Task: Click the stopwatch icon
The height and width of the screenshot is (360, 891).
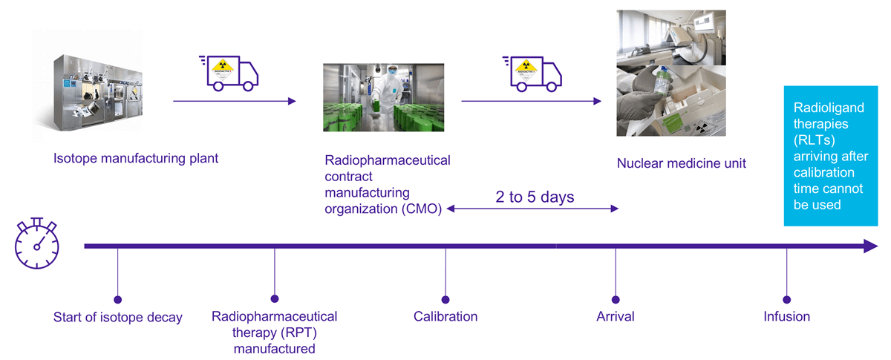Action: point(36,246)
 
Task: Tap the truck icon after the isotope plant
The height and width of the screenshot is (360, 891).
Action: point(229,72)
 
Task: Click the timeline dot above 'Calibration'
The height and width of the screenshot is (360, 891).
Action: point(446,300)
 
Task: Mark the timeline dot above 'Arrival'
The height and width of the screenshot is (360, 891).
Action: point(616,300)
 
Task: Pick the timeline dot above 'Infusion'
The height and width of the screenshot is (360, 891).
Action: point(786,300)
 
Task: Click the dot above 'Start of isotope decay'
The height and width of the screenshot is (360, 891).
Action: point(117,300)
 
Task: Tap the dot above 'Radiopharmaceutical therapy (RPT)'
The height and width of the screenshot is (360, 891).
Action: point(275,300)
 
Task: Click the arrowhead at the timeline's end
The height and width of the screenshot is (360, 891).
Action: point(870,246)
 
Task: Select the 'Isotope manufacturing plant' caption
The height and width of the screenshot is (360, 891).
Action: point(136,158)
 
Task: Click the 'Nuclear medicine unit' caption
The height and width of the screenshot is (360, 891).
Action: point(681,163)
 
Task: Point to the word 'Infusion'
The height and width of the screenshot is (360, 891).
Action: point(786,317)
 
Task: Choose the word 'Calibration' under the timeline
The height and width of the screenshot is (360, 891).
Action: point(446,317)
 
